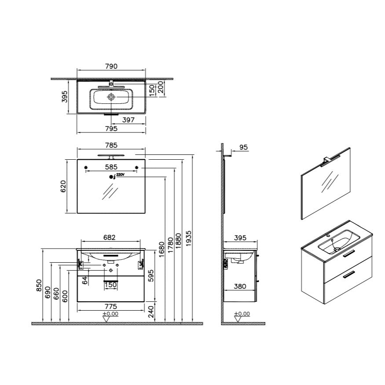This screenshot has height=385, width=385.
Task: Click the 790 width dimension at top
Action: tap(111, 66)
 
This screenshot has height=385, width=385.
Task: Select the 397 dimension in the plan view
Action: tap(128, 120)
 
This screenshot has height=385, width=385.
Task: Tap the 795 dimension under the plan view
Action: tap(111, 128)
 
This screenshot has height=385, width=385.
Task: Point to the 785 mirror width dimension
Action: tap(111, 145)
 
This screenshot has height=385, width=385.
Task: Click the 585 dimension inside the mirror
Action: tap(111, 167)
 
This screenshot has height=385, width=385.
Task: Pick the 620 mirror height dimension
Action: tap(63, 186)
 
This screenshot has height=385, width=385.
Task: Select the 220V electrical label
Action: tap(120, 175)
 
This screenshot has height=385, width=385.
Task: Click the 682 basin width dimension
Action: tap(109, 238)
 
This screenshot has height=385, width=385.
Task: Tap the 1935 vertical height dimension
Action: tap(189, 238)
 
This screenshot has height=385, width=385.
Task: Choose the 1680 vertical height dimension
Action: tap(161, 249)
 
